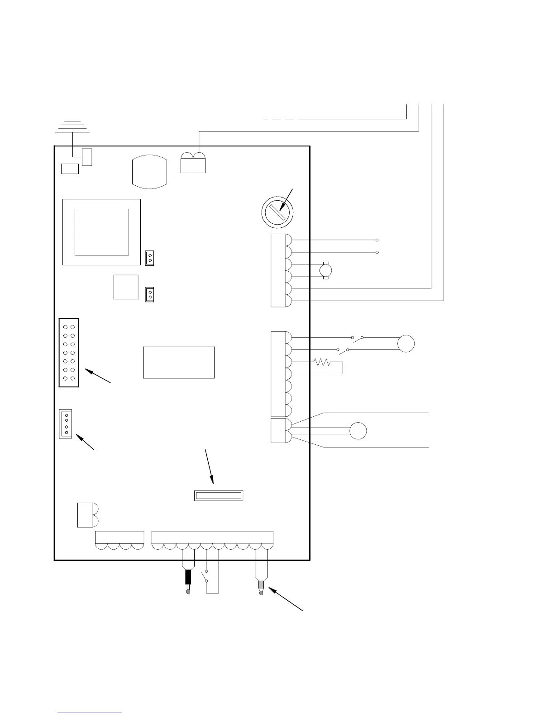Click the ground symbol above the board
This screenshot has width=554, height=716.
click(72, 127)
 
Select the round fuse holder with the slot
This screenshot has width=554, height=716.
click(277, 212)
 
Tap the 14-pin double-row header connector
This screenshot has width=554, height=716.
click(69, 353)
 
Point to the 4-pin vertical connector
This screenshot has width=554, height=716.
click(66, 424)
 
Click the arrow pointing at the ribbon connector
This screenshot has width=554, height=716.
click(209, 466)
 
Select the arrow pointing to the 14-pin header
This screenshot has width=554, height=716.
click(98, 376)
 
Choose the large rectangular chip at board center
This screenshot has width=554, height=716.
click(179, 362)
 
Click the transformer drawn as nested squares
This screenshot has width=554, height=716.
click(101, 232)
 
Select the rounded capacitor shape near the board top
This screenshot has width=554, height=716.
click(149, 171)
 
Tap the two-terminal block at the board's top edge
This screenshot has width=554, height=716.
click(193, 163)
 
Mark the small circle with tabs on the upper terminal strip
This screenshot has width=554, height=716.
click(325, 271)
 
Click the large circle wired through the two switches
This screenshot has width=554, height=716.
click(406, 344)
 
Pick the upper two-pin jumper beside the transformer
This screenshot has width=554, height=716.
click(149, 258)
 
